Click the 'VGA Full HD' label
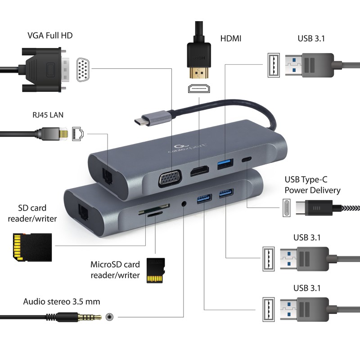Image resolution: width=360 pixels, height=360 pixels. click(49, 36)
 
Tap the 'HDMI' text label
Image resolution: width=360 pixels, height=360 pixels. click(230, 38)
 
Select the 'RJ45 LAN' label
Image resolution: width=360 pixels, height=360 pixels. click(44, 115)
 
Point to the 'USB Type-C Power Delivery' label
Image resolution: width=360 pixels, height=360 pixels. click(312, 185)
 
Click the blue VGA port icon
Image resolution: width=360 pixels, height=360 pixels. click(82, 70)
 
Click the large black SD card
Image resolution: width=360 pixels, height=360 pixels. click(21, 247)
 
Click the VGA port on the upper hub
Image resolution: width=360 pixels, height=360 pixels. click(169, 179)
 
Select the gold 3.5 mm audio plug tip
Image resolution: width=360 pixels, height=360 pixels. click(95, 317)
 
